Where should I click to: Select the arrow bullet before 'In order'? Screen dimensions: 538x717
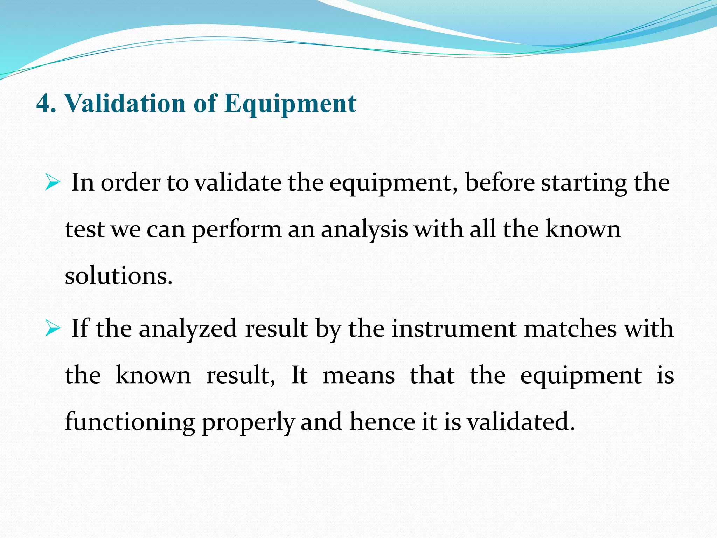pyautogui.click(x=53, y=183)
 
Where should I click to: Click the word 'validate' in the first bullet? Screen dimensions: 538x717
pyautogui.click(x=238, y=183)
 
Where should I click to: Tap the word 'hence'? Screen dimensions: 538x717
pyautogui.click(x=382, y=422)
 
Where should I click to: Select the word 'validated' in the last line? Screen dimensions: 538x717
pyautogui.click(x=521, y=422)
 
